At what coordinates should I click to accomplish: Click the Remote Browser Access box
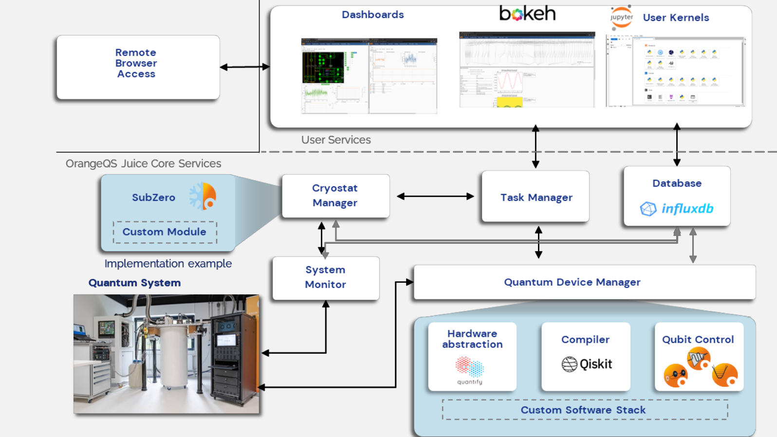[x=138, y=67]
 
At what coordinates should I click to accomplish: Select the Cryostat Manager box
[x=335, y=196]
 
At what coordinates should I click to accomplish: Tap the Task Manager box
[x=536, y=197]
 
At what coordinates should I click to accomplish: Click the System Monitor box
[x=326, y=277]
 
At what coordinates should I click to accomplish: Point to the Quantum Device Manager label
[x=572, y=282]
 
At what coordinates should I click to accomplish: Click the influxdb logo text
[x=687, y=209]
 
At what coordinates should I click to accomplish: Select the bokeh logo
[x=527, y=13]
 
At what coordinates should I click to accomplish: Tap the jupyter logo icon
[x=621, y=17]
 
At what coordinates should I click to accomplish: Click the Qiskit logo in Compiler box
[x=587, y=364]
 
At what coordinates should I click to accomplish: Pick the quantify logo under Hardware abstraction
[x=470, y=370]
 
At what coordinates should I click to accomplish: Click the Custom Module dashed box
[x=165, y=232]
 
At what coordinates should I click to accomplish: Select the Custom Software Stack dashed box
[x=584, y=410]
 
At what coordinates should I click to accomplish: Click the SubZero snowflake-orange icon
[x=203, y=196]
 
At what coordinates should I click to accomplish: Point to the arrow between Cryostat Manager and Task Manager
[x=435, y=196]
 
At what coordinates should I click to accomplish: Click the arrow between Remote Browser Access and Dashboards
[x=244, y=67]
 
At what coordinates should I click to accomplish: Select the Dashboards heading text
[x=372, y=15]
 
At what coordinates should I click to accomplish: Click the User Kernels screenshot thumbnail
[x=676, y=71]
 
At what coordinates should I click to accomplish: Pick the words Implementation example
[x=168, y=264]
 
